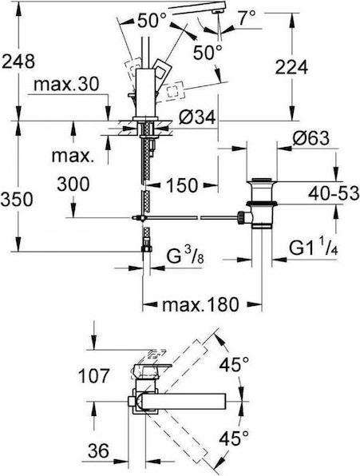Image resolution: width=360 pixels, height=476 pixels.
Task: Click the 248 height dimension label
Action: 18,62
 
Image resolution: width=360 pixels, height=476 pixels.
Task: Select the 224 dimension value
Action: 291,67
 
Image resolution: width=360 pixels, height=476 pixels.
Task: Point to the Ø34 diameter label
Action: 197,117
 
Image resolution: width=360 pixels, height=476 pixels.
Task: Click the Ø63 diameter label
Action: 311,138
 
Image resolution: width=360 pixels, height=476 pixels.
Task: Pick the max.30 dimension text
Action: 66,84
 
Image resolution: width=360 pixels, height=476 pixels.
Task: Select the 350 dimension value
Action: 17,200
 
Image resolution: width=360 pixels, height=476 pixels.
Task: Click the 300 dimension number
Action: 73,184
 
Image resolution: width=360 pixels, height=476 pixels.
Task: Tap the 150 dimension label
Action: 182,184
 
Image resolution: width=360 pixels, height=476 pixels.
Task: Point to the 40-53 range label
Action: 334,193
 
